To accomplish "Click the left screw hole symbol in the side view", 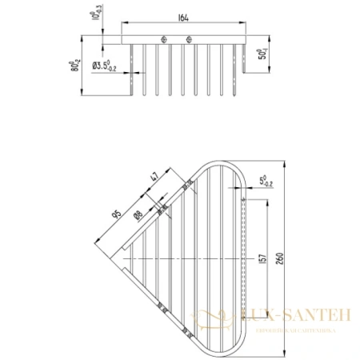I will click(163, 40).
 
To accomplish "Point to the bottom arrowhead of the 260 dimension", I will click(281, 350).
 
